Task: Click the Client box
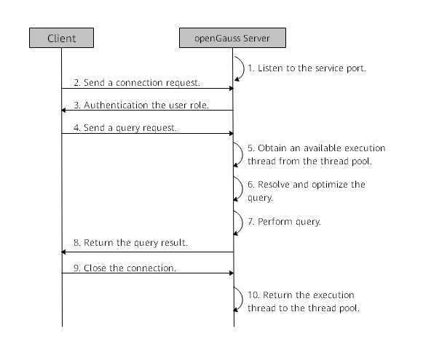(61, 38)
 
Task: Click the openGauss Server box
(232, 38)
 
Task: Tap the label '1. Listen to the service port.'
(307, 68)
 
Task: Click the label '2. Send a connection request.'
(137, 83)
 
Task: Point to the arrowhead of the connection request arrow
(232, 89)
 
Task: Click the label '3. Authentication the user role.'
(141, 105)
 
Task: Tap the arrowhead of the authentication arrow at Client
(63, 111)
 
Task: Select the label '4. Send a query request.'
(125, 128)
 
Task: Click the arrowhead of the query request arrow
(232, 133)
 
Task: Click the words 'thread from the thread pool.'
(309, 161)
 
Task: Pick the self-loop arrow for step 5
(242, 154)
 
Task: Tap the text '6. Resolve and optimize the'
(307, 185)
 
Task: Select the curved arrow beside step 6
(242, 188)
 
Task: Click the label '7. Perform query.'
(285, 222)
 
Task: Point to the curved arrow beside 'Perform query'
(242, 223)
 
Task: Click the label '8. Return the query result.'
(130, 243)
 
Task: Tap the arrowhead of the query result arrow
(63, 252)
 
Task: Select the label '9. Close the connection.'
(124, 268)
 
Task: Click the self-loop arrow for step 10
(242, 300)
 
